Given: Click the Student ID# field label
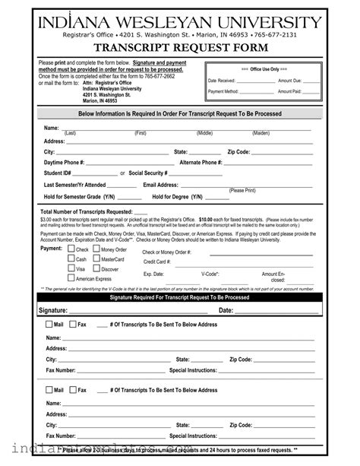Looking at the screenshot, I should pyautogui.click(x=58, y=173).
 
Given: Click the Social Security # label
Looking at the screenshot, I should pyautogui.click(x=148, y=173).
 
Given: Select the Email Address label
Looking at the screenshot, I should pyautogui.click(x=160, y=185).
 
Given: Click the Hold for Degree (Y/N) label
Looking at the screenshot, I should pyautogui.click(x=178, y=196).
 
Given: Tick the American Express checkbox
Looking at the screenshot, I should pyautogui.click(x=71, y=279).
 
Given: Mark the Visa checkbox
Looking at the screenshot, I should pyautogui.click(x=71, y=269).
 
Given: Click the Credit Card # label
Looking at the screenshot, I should pyautogui.click(x=157, y=262).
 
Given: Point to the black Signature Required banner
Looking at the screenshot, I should pyautogui.click(x=179, y=298).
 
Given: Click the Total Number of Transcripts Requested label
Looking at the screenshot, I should pyautogui.click(x=86, y=211).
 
